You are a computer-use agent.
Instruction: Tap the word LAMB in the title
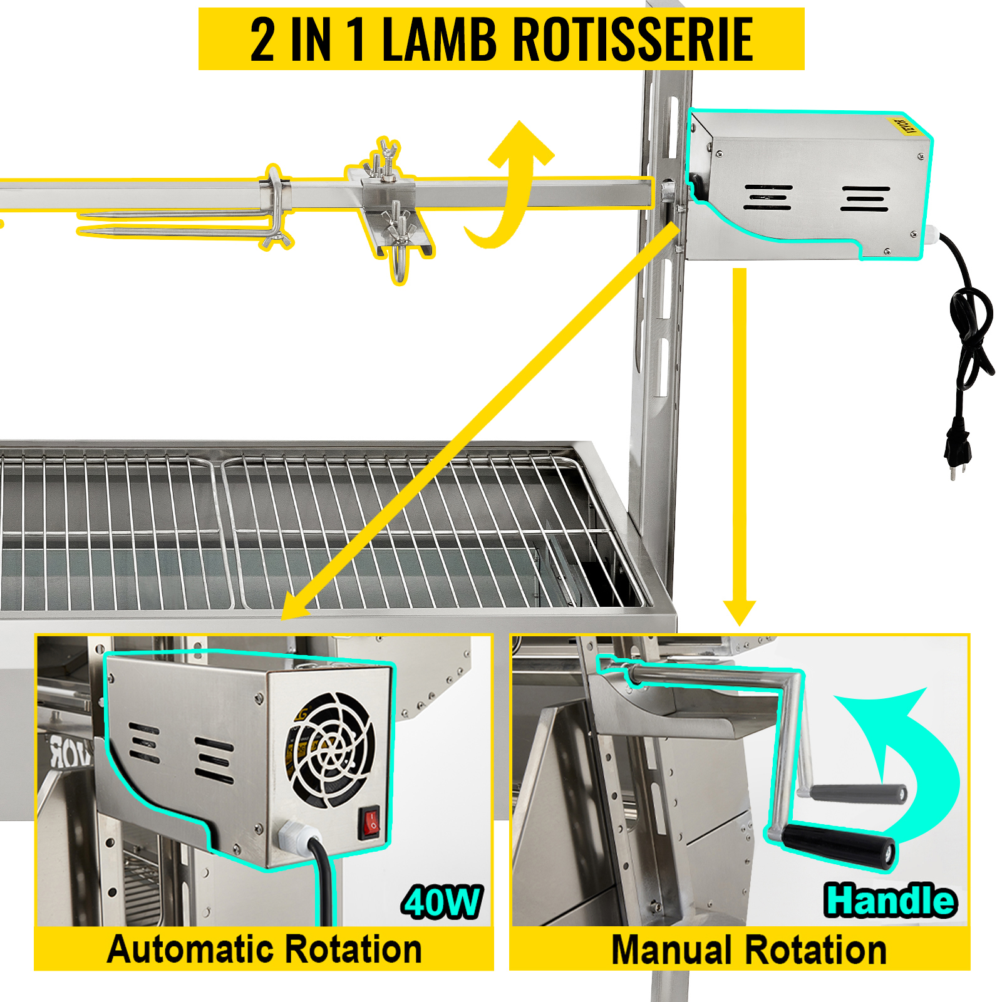pos(439,39)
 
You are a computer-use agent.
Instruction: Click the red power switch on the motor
pos(371,824)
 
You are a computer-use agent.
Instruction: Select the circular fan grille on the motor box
pos(331,750)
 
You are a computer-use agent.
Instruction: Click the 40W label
pos(442,902)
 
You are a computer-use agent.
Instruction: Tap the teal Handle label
pos(889,901)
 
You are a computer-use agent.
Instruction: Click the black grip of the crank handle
pos(839,845)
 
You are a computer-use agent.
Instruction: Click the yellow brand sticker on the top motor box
pos(904,125)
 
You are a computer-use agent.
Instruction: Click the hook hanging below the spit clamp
pos(400,266)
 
